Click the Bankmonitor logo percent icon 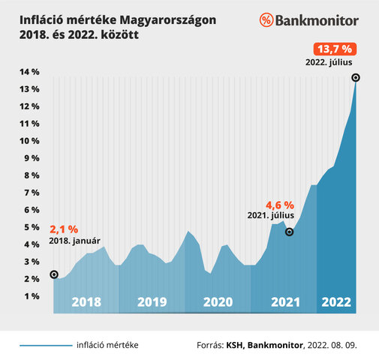click(x=267, y=20)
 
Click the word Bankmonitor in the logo click(x=317, y=20)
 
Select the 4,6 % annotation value click(x=280, y=204)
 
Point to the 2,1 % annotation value click(x=64, y=229)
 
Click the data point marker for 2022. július click(x=356, y=77)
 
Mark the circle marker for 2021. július click(x=290, y=232)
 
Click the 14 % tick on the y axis click(x=29, y=72)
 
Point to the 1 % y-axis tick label click(x=32, y=296)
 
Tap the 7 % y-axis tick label click(x=32, y=193)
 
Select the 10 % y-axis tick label click(x=29, y=141)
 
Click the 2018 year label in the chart click(x=86, y=302)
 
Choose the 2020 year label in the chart click(x=218, y=302)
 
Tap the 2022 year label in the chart click(x=336, y=302)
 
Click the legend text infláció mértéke click(x=107, y=345)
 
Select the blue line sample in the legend click(x=44, y=346)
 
